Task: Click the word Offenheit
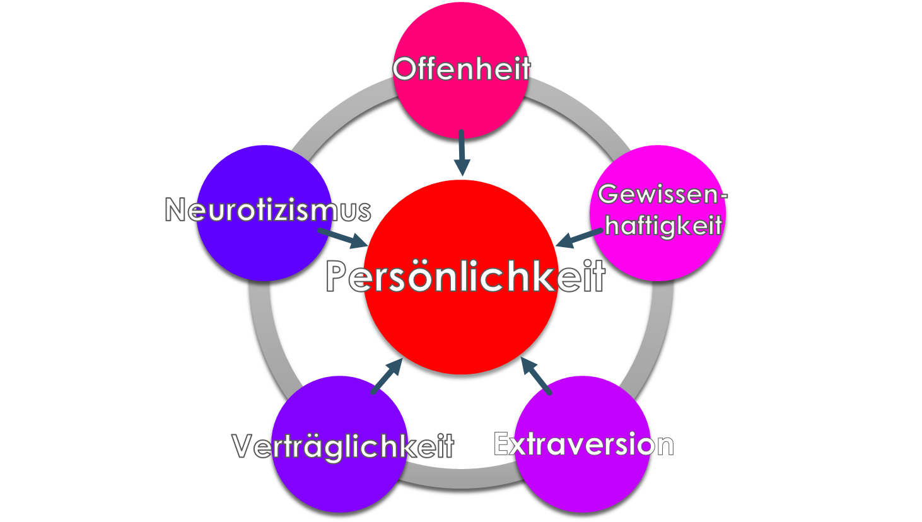pyautogui.click(x=462, y=69)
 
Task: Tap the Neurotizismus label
pyautogui.click(x=268, y=210)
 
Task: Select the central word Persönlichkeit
pyautogui.click(x=465, y=277)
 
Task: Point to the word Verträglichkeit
pyautogui.click(x=343, y=446)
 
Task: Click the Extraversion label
pyautogui.click(x=583, y=444)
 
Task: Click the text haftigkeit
pyautogui.click(x=663, y=224)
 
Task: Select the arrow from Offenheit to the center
pyautogui.click(x=462, y=153)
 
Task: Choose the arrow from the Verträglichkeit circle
pyautogui.click(x=387, y=376)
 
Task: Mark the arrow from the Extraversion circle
pyautogui.click(x=537, y=376)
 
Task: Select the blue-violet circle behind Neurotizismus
pyautogui.click(x=252, y=252)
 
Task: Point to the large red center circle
pyautogui.click(x=461, y=334)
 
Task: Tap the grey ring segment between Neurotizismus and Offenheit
pyautogui.click(x=341, y=113)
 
